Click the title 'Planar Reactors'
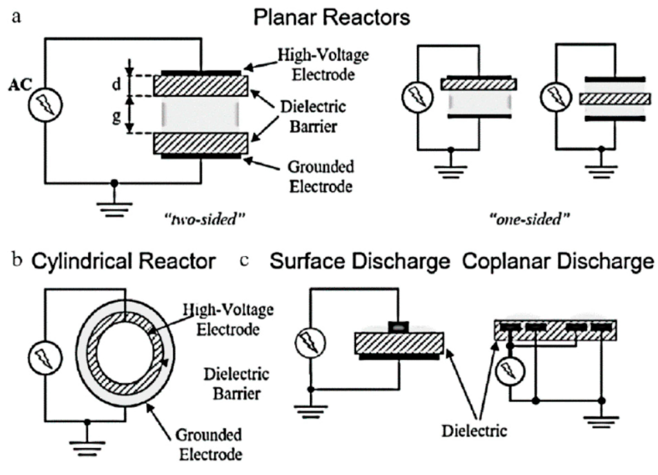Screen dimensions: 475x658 click(x=332, y=18)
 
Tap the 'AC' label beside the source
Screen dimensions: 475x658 click(x=20, y=85)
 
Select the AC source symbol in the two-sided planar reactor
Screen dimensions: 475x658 click(x=46, y=105)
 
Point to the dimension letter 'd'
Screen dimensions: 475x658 click(x=116, y=85)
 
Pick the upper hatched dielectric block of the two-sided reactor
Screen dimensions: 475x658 click(x=201, y=86)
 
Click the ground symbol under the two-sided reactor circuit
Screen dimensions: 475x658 click(x=114, y=209)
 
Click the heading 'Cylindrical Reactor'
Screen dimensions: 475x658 click(x=123, y=261)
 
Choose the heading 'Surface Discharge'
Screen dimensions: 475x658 click(x=360, y=261)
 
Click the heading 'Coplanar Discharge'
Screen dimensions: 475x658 click(x=558, y=261)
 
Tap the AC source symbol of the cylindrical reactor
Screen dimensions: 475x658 click(x=45, y=358)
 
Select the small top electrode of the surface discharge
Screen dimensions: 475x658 click(x=398, y=327)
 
